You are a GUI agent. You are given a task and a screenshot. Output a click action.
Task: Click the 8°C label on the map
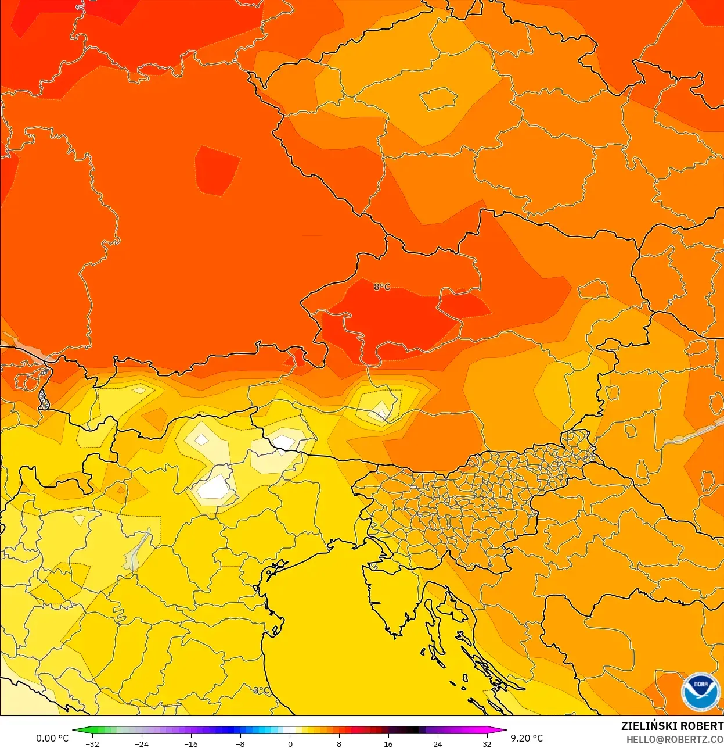click(x=381, y=287)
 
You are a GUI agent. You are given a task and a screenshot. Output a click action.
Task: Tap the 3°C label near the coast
click(x=261, y=690)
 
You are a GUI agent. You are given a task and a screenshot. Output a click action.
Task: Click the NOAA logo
click(x=701, y=692)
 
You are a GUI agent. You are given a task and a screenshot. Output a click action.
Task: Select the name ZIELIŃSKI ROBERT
click(x=672, y=726)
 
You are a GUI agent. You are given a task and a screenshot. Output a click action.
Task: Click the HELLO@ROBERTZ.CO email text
click(x=675, y=739)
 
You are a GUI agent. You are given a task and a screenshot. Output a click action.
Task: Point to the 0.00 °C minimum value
click(x=52, y=738)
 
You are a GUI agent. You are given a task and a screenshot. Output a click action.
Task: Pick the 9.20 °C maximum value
click(x=527, y=738)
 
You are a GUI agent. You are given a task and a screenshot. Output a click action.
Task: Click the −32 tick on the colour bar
click(x=92, y=744)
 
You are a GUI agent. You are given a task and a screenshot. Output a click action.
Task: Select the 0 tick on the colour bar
click(x=290, y=744)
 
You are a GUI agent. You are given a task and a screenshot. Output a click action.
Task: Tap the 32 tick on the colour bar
click(x=487, y=744)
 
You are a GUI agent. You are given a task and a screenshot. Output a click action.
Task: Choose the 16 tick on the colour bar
click(x=388, y=744)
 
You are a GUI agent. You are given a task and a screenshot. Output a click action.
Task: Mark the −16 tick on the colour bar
click(x=190, y=744)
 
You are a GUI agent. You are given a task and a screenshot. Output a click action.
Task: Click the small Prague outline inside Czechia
click(x=438, y=98)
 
